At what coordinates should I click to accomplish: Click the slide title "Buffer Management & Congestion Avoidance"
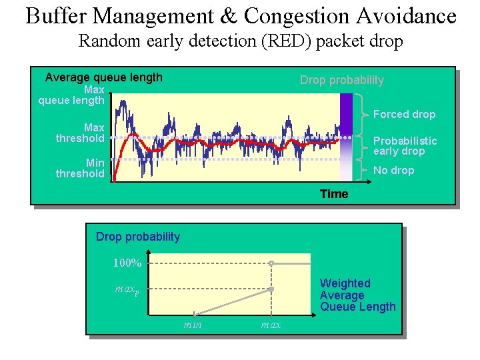coord(241,15)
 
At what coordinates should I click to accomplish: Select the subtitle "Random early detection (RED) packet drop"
coord(241,41)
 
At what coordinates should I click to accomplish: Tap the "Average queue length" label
coord(103,77)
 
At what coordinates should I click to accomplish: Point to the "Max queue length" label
coord(72,95)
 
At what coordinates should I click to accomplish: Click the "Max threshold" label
coord(81,133)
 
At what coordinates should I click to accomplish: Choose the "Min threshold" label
coord(81,168)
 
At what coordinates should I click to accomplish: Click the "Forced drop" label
coord(404,114)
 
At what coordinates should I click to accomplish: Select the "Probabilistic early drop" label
coord(405,145)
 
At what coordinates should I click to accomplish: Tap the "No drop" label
coord(393,170)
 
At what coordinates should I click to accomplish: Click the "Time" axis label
coord(333,193)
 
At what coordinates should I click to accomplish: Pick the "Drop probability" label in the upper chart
coord(341,80)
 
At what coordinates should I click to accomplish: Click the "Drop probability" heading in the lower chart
coord(138,237)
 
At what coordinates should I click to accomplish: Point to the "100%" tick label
coord(127,263)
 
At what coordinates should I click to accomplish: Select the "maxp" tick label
coord(127,290)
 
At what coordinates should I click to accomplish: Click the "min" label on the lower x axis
coord(193,324)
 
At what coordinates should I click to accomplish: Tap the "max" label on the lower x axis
coord(271,324)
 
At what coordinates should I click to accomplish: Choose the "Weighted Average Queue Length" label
coord(357,295)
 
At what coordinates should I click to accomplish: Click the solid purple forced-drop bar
coord(346,113)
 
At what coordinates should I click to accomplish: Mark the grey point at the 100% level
coord(271,263)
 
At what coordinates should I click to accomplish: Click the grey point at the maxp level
coord(271,289)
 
